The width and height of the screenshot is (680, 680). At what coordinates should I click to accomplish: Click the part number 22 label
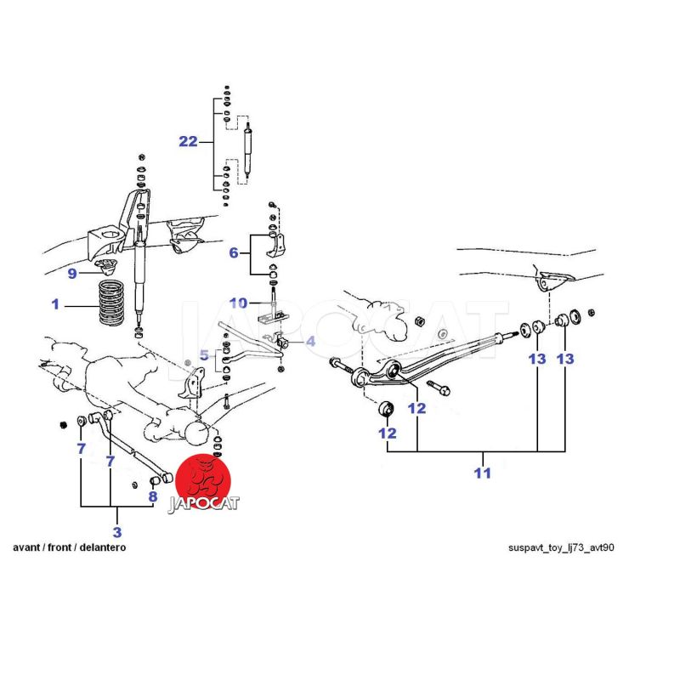(188, 142)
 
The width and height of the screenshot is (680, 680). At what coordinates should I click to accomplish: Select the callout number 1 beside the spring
(56, 303)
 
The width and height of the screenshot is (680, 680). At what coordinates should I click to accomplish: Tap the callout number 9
(72, 274)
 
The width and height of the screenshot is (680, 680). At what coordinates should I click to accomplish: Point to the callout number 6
(234, 252)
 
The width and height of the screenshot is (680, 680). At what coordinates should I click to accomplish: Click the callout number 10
(239, 303)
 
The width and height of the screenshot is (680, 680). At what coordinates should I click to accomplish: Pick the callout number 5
(204, 354)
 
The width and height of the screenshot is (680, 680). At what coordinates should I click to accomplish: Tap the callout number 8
(153, 497)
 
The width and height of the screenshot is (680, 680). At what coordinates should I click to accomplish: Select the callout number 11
(483, 473)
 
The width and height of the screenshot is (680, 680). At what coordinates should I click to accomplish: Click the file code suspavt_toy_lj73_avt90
(560, 547)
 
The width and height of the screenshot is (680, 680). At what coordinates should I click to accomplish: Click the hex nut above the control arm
(420, 323)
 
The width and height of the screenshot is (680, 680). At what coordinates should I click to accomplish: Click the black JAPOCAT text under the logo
(203, 503)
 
